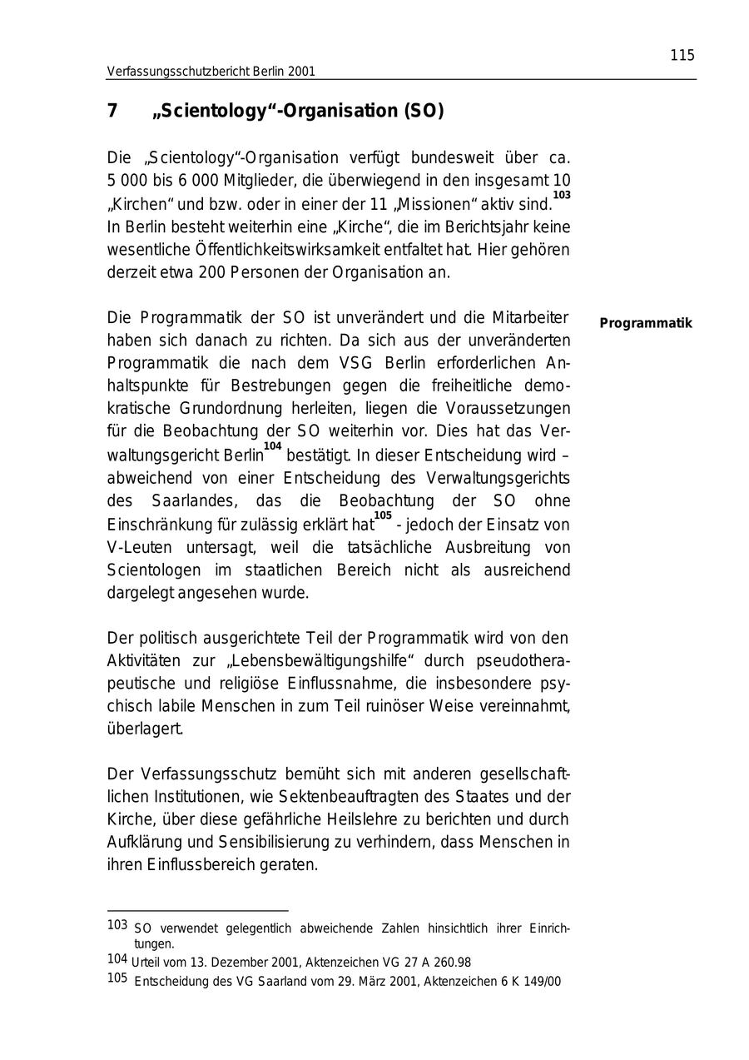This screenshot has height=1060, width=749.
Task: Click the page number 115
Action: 682,56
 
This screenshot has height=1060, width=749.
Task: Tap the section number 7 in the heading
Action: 112,112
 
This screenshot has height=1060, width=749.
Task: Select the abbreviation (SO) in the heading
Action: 424,112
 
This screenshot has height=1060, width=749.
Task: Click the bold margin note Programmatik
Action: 646,323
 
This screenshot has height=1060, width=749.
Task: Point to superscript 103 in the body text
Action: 562,195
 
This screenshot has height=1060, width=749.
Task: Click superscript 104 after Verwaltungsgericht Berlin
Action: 273,447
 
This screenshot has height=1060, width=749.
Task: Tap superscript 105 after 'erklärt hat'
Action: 383,515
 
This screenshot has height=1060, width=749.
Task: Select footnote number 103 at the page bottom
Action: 117,925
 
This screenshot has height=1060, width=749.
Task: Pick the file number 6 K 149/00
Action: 531,982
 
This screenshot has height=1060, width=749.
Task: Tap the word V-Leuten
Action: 140,547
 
